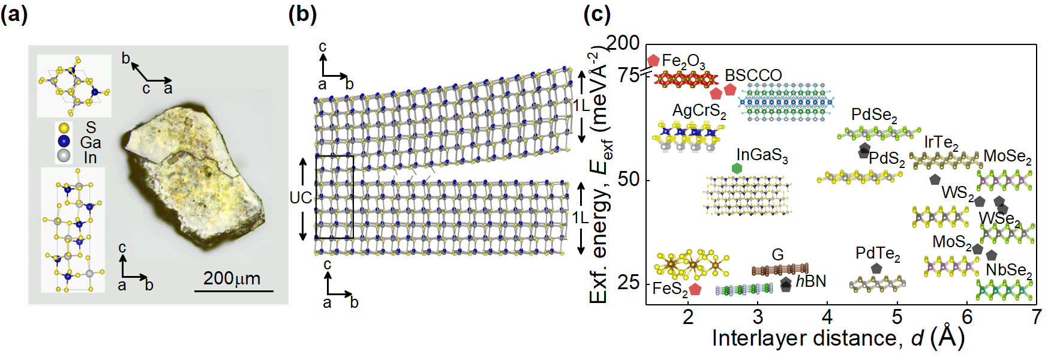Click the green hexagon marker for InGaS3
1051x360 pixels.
point(737,169)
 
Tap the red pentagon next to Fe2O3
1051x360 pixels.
point(654,61)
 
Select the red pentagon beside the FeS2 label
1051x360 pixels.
point(695,290)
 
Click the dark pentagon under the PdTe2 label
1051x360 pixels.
point(876,269)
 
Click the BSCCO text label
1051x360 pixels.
point(753,76)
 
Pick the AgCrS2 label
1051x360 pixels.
point(699,111)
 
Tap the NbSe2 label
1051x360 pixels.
point(1009,271)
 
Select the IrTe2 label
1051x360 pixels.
point(941,143)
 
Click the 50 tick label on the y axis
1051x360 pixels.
point(628,179)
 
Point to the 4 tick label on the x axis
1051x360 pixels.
point(827,316)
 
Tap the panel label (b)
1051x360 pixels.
point(302,13)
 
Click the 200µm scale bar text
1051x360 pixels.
point(232,278)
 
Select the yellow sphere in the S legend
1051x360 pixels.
point(64,128)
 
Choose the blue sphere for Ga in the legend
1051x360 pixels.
point(64,142)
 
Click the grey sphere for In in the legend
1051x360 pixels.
point(64,157)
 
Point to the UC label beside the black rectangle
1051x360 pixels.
point(301,198)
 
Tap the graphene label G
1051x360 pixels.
point(777,254)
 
